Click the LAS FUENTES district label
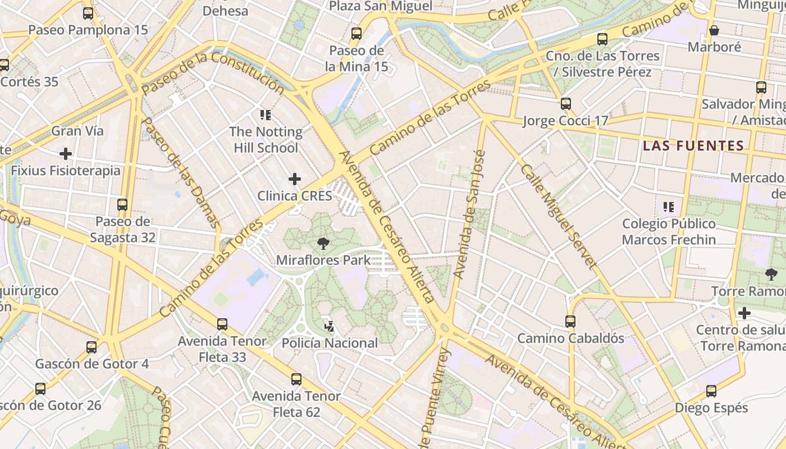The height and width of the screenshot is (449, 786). pos(693,146)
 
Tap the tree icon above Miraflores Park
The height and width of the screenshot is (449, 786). pos(323,244)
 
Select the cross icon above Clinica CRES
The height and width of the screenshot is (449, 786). pos(294,179)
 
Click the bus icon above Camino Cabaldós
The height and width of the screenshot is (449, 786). pos(570,321)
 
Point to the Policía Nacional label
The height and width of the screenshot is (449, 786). pos(330,343)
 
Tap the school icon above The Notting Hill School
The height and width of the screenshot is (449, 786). pos(266,115)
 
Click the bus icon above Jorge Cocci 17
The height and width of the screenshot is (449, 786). pos(566,103)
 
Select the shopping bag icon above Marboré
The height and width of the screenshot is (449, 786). pos(714,30)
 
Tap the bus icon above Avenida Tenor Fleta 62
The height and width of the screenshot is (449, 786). pos(296,379)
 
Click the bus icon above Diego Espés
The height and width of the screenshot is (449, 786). pos(711,391)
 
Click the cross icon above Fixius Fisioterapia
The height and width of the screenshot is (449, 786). pos(66,153)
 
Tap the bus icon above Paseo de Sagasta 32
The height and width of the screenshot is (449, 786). pos(122,204)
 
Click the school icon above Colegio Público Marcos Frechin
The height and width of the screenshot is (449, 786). pos(668,207)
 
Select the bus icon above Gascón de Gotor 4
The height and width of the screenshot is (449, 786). pos(92,347)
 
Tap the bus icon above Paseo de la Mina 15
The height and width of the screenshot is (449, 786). pos(357,33)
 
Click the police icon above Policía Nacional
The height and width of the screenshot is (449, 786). pos(330,326)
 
